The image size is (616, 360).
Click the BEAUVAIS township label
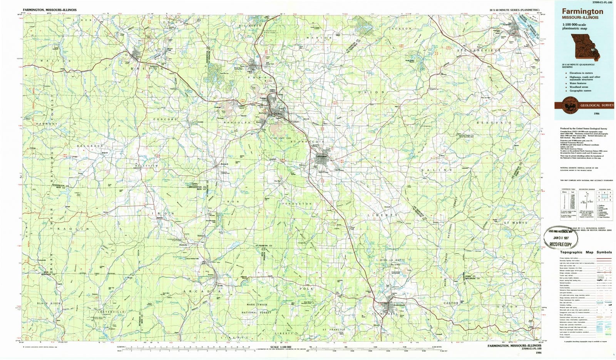494,122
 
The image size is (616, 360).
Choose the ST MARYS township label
516,223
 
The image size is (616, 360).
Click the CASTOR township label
451,303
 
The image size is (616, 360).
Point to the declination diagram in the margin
586,200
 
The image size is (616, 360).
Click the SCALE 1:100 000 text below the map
281,347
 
